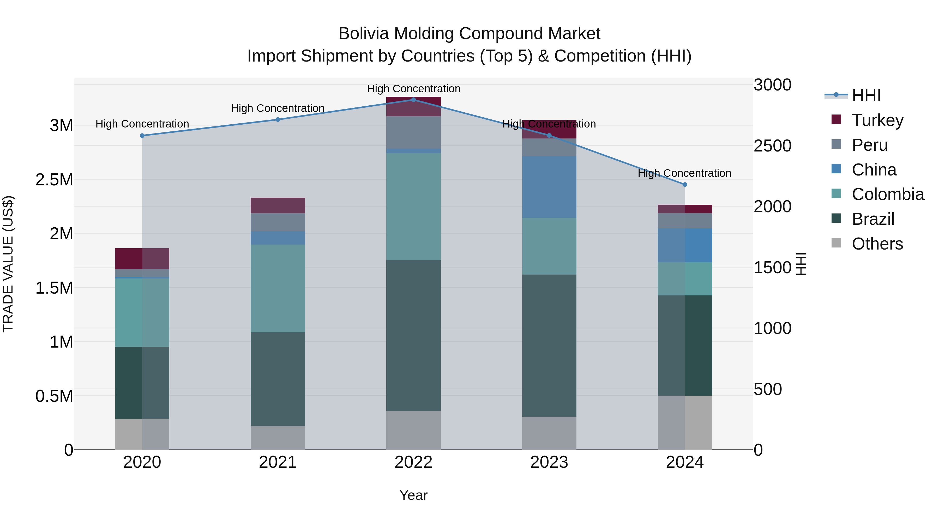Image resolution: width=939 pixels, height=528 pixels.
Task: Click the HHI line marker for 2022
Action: (x=413, y=100)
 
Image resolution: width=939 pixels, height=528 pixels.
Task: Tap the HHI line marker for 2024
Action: (x=685, y=185)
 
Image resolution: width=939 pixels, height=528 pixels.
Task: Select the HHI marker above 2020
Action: (x=142, y=136)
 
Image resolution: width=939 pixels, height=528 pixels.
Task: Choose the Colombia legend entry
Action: (x=887, y=194)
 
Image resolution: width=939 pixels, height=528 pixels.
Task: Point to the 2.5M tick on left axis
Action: (x=54, y=180)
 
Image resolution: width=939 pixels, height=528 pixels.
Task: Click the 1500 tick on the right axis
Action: (x=772, y=268)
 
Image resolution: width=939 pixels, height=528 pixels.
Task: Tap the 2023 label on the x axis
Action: (x=549, y=462)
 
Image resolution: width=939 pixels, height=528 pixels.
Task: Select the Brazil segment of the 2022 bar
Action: (x=413, y=335)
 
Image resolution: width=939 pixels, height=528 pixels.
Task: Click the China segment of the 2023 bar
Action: (x=549, y=187)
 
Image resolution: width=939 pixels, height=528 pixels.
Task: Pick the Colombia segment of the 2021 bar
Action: (x=278, y=288)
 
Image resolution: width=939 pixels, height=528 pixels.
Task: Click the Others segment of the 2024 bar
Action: (x=685, y=423)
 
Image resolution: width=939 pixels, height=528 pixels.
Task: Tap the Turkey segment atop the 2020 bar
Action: (x=142, y=258)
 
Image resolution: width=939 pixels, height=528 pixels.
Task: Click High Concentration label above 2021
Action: (x=278, y=108)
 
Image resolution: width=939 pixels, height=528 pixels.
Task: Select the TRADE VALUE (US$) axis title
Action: (x=8, y=264)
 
